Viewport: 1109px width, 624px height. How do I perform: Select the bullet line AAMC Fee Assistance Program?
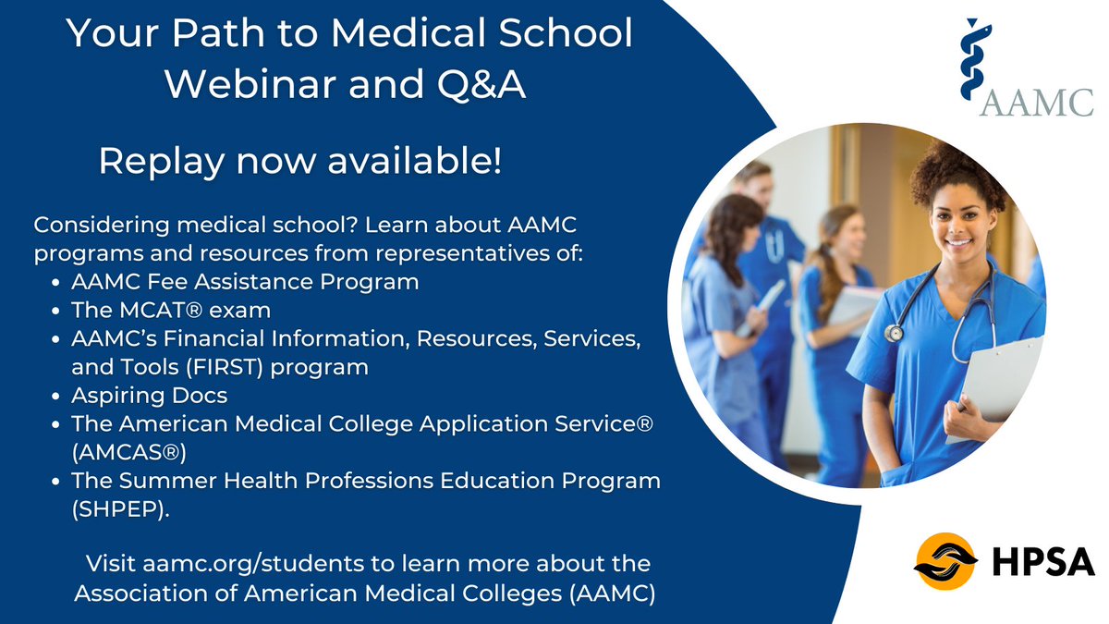[x=245, y=281]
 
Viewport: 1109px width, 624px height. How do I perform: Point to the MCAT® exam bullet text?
[x=171, y=310]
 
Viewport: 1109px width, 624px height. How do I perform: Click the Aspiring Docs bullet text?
[x=150, y=395]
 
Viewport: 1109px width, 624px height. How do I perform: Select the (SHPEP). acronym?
[x=121, y=509]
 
